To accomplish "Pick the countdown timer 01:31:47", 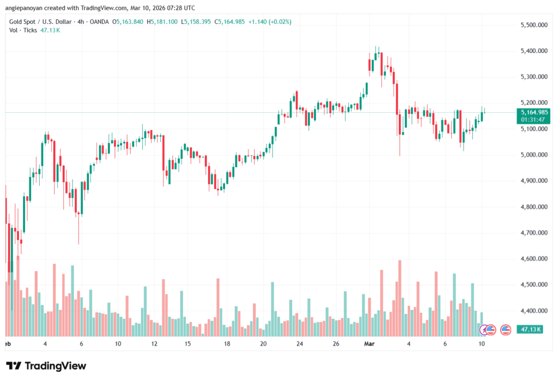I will [531, 119].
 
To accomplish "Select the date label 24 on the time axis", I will [299, 344].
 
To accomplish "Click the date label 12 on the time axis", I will [154, 344].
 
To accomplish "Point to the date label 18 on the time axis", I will [227, 344].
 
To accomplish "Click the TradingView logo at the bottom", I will [46, 366].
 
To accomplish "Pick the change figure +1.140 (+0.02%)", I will [270, 22].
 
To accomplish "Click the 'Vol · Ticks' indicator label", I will [23, 30].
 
